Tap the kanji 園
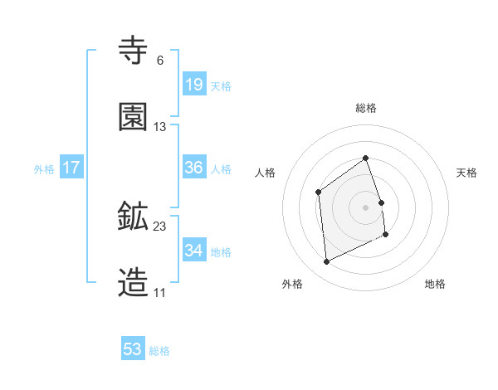pyautogui.click(x=134, y=118)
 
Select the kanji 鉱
pyautogui.click(x=134, y=217)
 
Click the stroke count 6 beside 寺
pyautogui.click(x=159, y=61)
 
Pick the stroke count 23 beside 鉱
pyautogui.click(x=160, y=226)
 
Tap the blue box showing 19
pyautogui.click(x=193, y=85)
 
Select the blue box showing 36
pyautogui.click(x=193, y=168)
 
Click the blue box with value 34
pyautogui.click(x=193, y=251)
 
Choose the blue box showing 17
pyautogui.click(x=71, y=168)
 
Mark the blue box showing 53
pyautogui.click(x=133, y=349)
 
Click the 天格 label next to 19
pyautogui.click(x=221, y=86)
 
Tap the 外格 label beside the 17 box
pyautogui.click(x=44, y=169)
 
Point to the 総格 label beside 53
pyautogui.click(x=159, y=351)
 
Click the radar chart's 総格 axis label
pyautogui.click(x=366, y=108)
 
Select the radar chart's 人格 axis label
pyautogui.click(x=266, y=173)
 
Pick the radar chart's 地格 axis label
pyautogui.click(x=435, y=284)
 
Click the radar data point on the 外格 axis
pyautogui.click(x=326, y=262)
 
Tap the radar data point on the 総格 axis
pyautogui.click(x=365, y=158)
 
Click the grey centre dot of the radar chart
pyautogui.click(x=365, y=207)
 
